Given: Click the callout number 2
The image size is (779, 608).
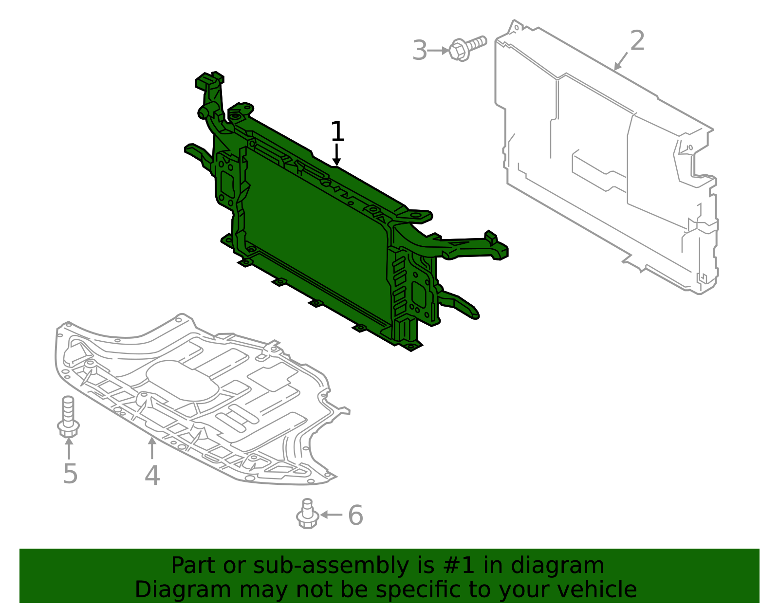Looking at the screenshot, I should (637, 41).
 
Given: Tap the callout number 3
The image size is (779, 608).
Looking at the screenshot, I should (419, 51).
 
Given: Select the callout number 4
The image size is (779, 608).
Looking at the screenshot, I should (152, 475).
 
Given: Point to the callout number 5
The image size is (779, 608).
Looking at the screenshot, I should (70, 474).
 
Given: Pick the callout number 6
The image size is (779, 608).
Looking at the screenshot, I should (355, 515).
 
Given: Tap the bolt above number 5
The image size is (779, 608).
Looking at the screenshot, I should (68, 417).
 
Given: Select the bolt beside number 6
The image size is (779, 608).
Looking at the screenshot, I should (307, 514).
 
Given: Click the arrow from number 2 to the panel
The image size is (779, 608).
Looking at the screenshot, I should (620, 61).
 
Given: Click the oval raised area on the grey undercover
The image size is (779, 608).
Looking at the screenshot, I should (183, 382).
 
